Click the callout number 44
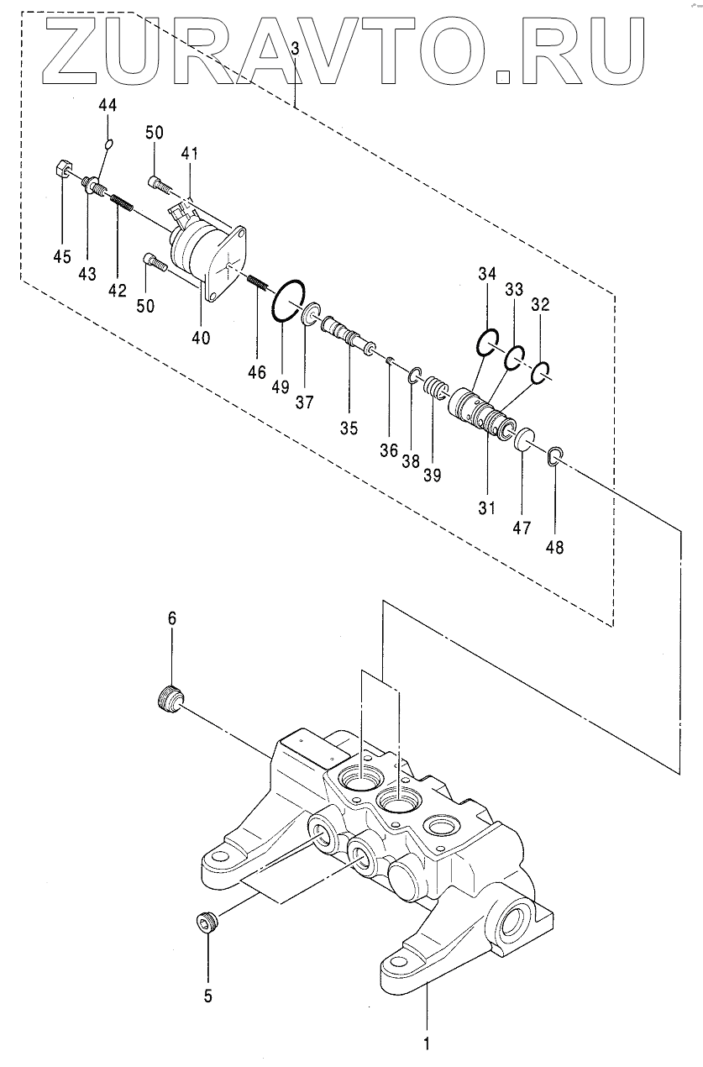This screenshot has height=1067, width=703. tap(108, 105)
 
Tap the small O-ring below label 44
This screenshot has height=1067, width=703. tap(109, 143)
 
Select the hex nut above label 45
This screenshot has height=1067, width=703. tap(62, 168)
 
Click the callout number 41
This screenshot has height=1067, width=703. tap(189, 153)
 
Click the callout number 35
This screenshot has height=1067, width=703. tap(349, 428)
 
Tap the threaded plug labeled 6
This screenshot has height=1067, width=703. tap(170, 700)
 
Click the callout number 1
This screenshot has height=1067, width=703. tap(427, 1040)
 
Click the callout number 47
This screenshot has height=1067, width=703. tap(522, 528)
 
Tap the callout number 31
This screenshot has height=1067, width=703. tap(487, 508)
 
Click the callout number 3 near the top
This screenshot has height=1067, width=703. tap(295, 48)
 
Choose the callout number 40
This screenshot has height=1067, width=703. tap(201, 338)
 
